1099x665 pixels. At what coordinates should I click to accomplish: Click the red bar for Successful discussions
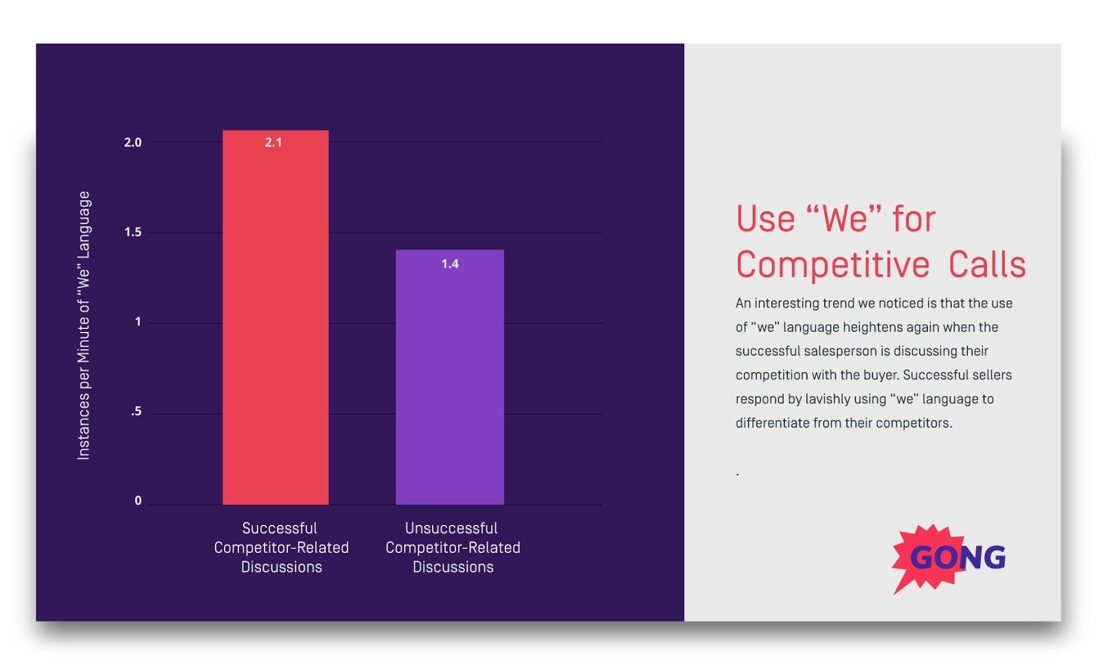tap(275, 323)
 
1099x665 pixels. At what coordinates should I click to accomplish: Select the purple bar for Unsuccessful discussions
tap(449, 385)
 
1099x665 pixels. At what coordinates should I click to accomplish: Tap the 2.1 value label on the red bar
tap(273, 142)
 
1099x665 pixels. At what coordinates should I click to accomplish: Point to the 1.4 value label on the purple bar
tap(450, 264)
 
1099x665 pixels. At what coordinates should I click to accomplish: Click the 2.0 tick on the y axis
tap(133, 142)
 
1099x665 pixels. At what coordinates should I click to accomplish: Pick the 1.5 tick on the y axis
tap(133, 232)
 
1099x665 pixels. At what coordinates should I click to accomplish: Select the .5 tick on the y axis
tap(136, 412)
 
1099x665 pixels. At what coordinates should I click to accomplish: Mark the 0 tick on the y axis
tap(138, 501)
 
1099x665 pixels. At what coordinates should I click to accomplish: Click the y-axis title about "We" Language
tap(83, 325)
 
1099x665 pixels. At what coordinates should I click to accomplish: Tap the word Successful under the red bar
tap(280, 528)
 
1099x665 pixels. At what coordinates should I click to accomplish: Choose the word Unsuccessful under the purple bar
tap(451, 528)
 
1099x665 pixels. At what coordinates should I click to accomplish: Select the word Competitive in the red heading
tap(832, 265)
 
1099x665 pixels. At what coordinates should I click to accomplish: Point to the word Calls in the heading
tap(987, 265)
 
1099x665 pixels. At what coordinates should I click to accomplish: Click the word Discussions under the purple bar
tap(453, 567)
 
